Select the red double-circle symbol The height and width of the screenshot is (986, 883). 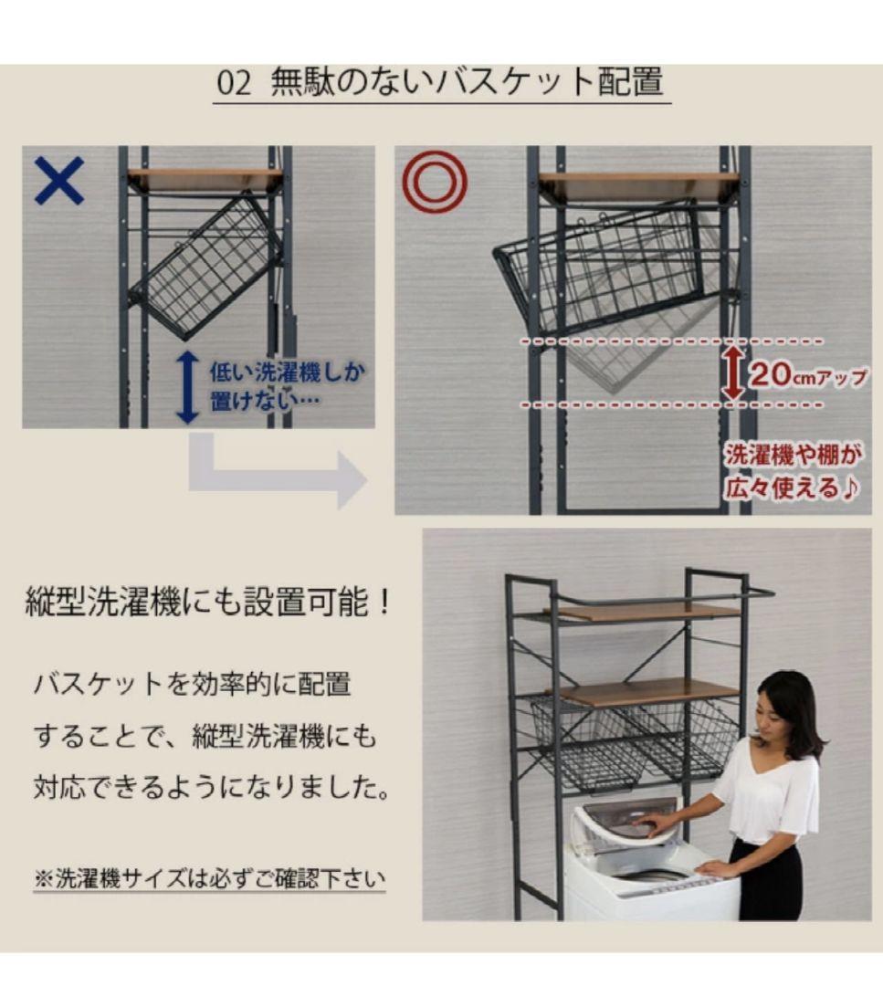point(436,181)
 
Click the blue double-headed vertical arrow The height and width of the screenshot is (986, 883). point(187,387)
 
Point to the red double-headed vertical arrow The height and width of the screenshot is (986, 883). point(732,372)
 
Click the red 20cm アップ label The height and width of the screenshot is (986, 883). point(807,374)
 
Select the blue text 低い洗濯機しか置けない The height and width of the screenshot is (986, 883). point(267,386)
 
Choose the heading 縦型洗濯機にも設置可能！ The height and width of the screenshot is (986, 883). point(209,603)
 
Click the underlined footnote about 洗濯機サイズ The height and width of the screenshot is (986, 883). point(209,879)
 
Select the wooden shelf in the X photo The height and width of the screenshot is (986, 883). point(205,179)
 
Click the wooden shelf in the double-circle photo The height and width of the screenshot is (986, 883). point(638,185)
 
